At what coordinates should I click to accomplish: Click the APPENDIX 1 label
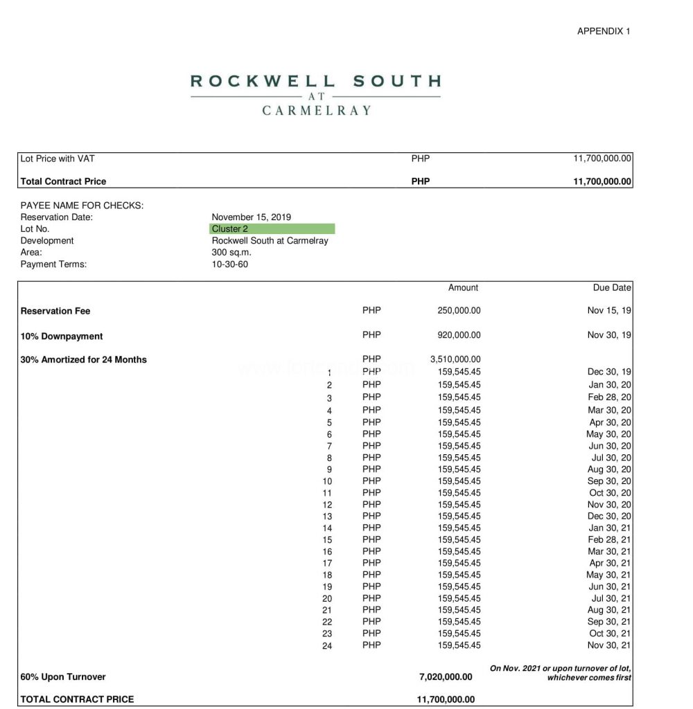point(604,31)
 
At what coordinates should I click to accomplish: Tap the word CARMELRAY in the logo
point(317,110)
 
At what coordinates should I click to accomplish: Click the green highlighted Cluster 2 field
point(272,229)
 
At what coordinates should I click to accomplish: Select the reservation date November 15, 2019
point(251,217)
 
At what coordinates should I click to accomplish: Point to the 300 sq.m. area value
point(231,253)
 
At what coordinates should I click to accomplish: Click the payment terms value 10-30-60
point(229,264)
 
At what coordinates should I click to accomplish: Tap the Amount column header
point(463,287)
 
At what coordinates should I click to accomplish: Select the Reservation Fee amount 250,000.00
point(459,311)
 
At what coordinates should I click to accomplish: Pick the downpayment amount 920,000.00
point(459,335)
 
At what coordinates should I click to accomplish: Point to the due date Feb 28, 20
point(609,397)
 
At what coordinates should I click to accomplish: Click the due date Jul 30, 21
point(611,598)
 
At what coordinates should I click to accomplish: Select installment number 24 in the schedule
point(327,646)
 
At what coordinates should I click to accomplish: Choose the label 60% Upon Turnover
point(63,676)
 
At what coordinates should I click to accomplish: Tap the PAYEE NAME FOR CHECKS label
point(82,206)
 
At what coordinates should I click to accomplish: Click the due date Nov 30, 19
point(609,335)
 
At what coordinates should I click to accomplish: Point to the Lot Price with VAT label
point(58,159)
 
